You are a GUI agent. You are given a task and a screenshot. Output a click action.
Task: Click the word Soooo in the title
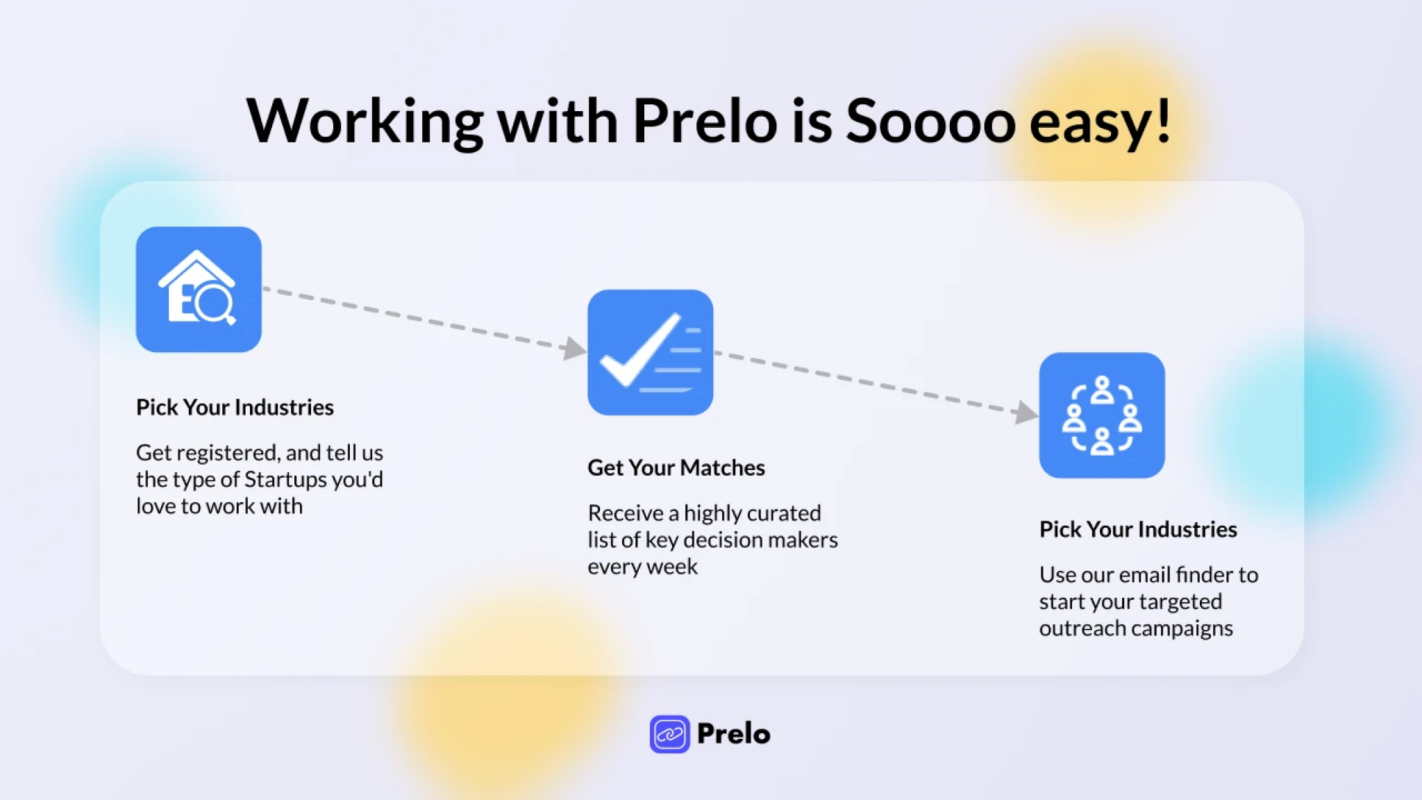(930, 121)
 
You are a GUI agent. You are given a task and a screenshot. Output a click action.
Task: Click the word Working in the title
(365, 123)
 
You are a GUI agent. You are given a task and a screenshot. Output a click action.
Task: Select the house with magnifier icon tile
(199, 290)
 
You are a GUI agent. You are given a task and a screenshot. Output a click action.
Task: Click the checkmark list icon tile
(651, 352)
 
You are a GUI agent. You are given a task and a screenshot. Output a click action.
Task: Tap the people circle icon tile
(1102, 415)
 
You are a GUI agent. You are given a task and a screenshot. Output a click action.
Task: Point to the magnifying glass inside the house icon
(214, 304)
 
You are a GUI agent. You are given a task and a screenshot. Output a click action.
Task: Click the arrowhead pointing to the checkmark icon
(575, 348)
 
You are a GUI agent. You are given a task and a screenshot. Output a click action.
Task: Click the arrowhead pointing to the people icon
(1026, 412)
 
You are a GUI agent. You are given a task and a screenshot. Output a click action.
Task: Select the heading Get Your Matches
(676, 468)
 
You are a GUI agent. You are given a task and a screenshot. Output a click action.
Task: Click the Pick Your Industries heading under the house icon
(235, 407)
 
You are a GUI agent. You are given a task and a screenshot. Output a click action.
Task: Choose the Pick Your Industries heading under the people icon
(1138, 529)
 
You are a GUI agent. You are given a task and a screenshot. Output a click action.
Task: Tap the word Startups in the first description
(285, 480)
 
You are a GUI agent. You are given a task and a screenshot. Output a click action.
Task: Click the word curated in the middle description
(787, 513)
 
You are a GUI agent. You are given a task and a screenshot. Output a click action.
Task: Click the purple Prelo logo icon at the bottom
(670, 734)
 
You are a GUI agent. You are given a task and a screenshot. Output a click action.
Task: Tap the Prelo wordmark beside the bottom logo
(733, 734)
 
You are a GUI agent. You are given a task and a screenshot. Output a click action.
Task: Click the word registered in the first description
(226, 453)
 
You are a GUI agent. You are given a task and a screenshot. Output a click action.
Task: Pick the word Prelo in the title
(705, 121)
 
